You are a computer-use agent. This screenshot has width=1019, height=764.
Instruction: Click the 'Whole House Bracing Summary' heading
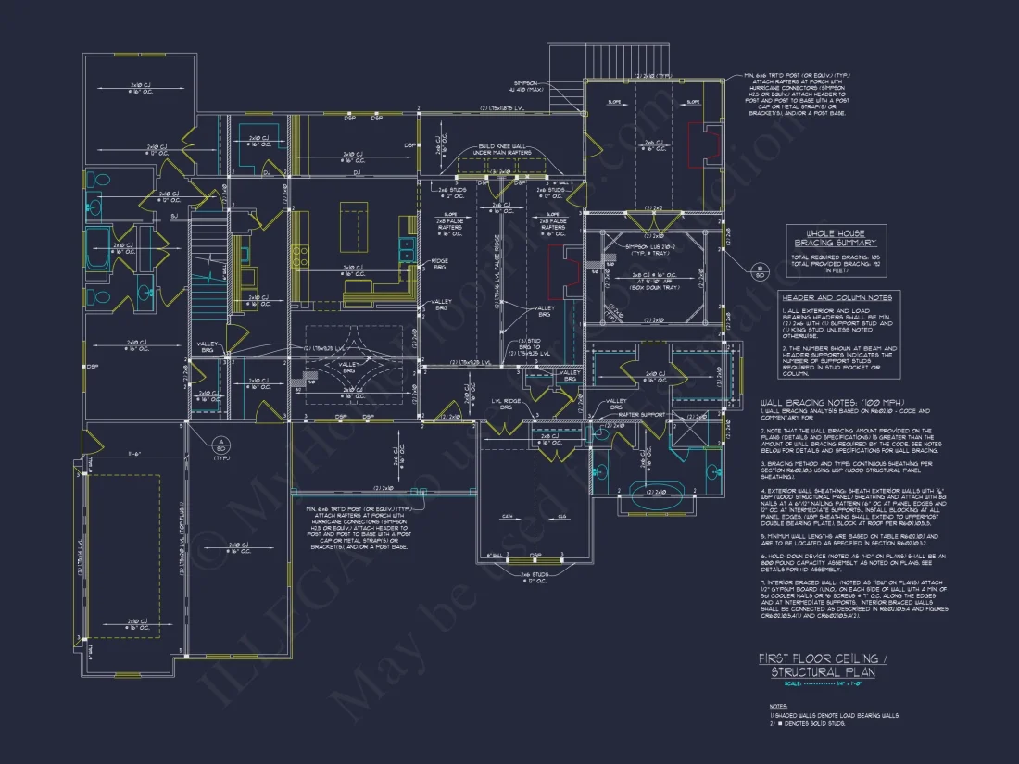[837, 238]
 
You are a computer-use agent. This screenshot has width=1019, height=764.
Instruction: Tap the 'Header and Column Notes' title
[837, 298]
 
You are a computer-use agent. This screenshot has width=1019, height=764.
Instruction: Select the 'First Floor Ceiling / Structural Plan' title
[823, 665]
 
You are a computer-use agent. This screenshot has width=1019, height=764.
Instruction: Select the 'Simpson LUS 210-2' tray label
[649, 249]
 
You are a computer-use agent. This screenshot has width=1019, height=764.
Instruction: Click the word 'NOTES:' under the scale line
[778, 705]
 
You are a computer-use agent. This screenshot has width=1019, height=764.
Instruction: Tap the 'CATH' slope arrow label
[508, 516]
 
